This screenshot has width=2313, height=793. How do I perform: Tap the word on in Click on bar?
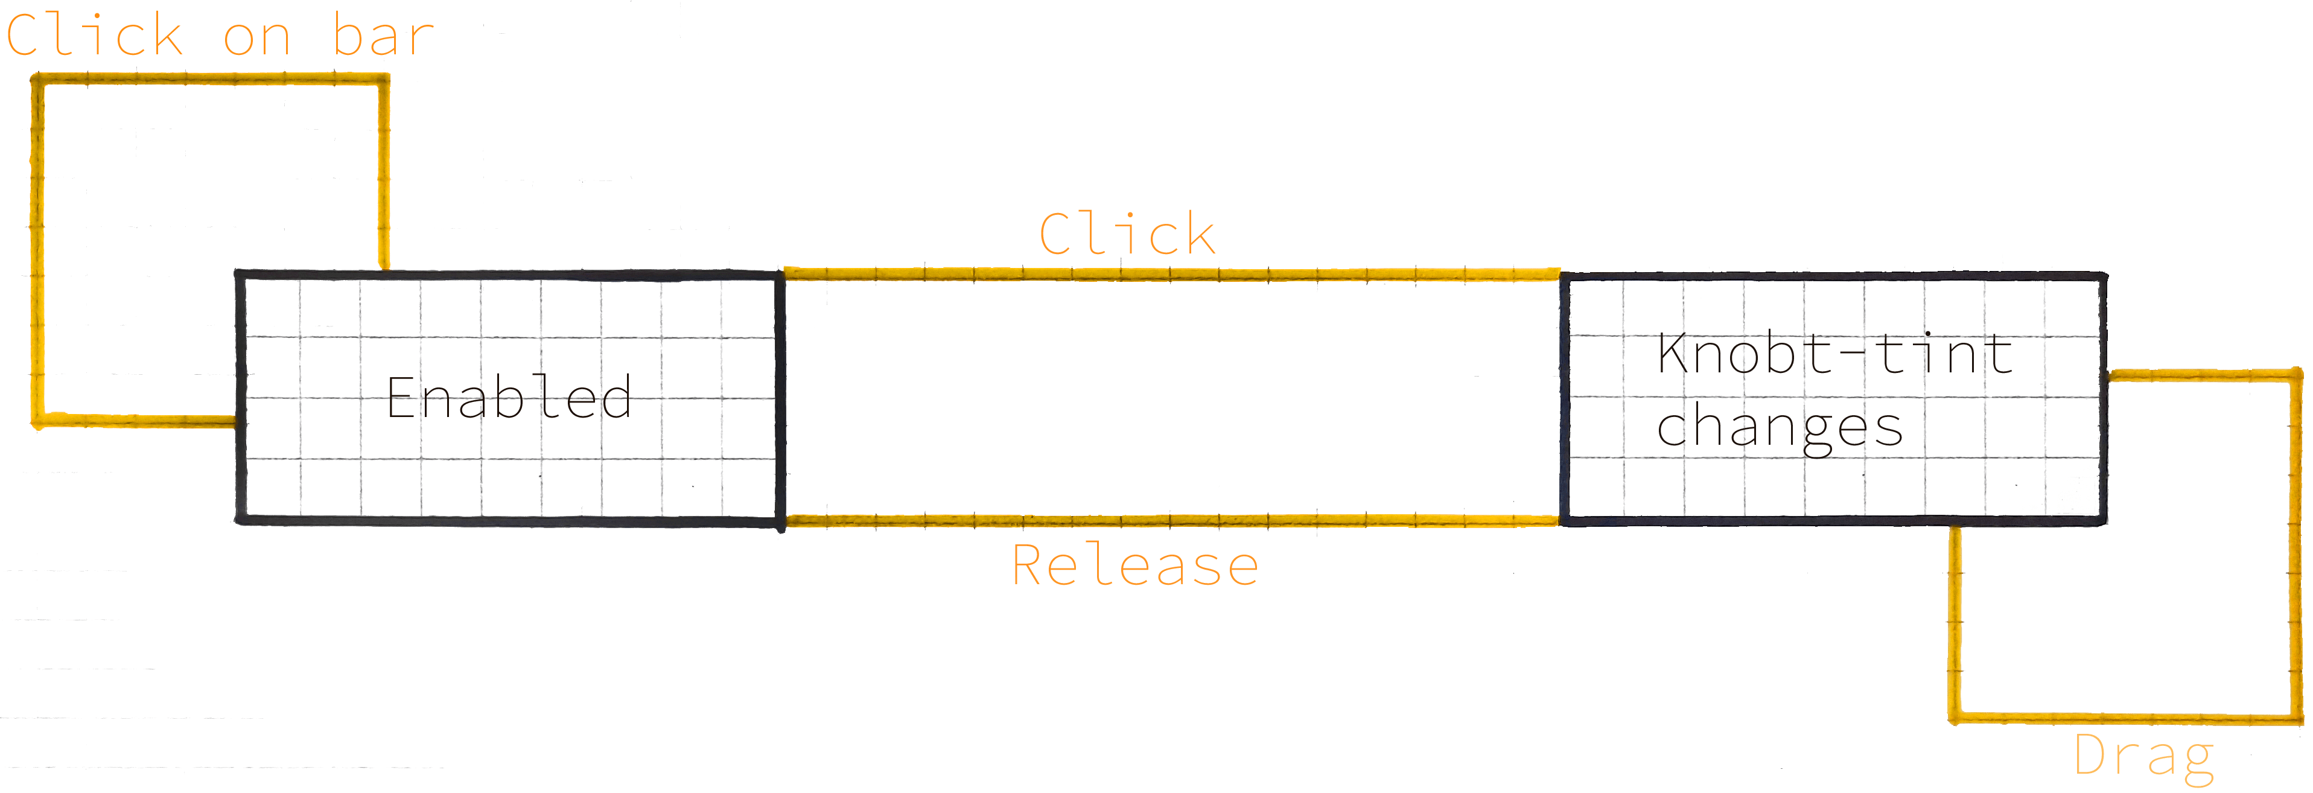[x=258, y=39]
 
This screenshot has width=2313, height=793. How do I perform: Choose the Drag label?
[x=2143, y=756]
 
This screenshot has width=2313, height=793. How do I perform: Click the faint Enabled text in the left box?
[x=510, y=397]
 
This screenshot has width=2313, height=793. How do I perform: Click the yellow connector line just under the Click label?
[x=1167, y=273]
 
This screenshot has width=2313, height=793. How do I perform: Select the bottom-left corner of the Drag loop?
[x=1955, y=718]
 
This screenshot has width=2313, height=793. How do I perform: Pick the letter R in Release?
[x=1026, y=566]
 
